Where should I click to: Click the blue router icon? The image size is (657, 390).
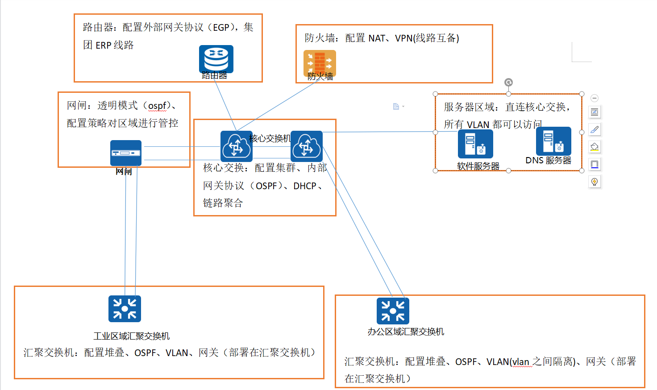[216, 59]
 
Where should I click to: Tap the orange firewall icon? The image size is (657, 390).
[320, 63]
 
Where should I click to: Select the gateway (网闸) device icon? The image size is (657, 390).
[126, 153]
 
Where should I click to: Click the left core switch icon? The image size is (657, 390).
[236, 146]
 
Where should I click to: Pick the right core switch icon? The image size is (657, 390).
[307, 146]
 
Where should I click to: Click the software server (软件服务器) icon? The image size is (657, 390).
[475, 144]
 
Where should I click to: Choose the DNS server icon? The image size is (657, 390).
[553, 141]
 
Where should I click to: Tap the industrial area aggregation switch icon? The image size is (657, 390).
[125, 309]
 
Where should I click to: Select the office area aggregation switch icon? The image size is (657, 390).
[393, 311]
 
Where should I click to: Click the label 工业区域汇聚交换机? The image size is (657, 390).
[132, 336]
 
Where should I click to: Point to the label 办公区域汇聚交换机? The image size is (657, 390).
[406, 332]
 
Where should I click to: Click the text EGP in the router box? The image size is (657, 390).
[221, 28]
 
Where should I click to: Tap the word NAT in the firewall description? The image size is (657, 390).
[377, 38]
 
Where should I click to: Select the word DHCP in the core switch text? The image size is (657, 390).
[305, 186]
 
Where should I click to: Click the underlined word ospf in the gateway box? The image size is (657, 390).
[157, 106]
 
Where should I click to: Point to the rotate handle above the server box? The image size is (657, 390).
[508, 83]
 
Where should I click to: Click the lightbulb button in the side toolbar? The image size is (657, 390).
[595, 182]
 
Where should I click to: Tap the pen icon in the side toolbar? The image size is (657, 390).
[595, 129]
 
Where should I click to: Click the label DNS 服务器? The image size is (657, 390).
[548, 161]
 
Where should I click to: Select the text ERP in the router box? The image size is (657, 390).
[104, 46]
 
